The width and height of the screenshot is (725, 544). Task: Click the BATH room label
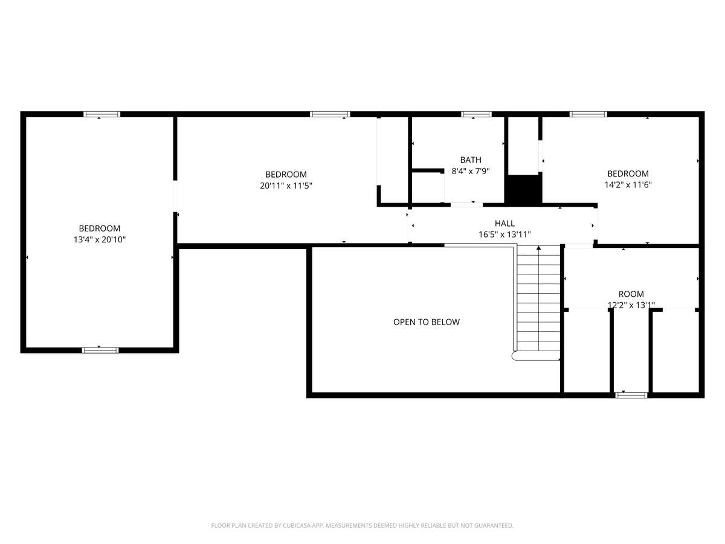[470, 160]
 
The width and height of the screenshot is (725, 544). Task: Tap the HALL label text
[504, 223]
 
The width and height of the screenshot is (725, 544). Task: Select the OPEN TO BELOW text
[426, 322]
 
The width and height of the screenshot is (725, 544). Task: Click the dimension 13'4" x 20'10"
[100, 239]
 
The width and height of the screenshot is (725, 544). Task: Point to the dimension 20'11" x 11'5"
[286, 186]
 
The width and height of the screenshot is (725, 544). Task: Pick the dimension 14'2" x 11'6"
[628, 184]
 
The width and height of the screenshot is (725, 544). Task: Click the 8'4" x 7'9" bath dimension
[470, 171]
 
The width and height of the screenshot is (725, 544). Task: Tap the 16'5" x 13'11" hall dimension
[504, 235]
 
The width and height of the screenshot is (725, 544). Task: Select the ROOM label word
[631, 294]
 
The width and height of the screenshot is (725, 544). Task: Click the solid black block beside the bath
[523, 190]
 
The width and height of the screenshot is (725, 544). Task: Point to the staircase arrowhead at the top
[539, 248]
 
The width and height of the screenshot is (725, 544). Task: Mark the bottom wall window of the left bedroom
[100, 350]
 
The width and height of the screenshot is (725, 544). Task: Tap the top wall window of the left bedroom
[101, 114]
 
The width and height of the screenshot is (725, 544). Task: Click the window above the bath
[476, 114]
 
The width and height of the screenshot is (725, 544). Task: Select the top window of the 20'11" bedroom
[330, 114]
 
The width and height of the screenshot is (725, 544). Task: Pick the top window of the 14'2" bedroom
[588, 114]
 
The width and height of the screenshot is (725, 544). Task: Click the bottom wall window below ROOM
[631, 395]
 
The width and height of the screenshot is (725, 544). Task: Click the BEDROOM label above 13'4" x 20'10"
[100, 228]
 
